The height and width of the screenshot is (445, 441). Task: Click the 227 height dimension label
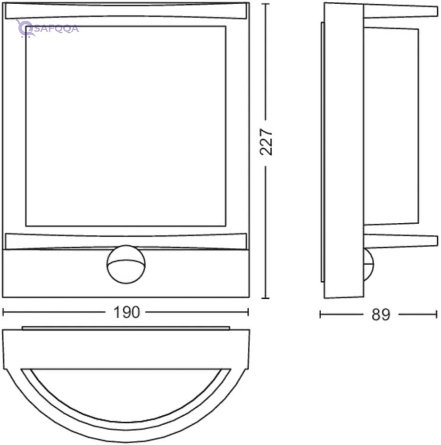coord(266,142)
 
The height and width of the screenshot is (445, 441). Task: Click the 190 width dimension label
coord(126,312)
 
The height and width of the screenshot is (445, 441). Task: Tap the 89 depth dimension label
coord(381,314)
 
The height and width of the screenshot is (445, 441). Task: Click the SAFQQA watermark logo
coord(47,28)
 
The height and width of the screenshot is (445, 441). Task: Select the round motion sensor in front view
coord(126,264)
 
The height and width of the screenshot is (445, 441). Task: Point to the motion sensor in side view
coord(369,265)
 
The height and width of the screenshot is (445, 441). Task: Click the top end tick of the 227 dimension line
coord(266,4)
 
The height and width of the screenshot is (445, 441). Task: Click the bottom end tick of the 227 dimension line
coord(266,298)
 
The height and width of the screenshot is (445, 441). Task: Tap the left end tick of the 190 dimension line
coord(3,312)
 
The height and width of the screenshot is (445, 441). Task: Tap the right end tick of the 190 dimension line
coord(248,312)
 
